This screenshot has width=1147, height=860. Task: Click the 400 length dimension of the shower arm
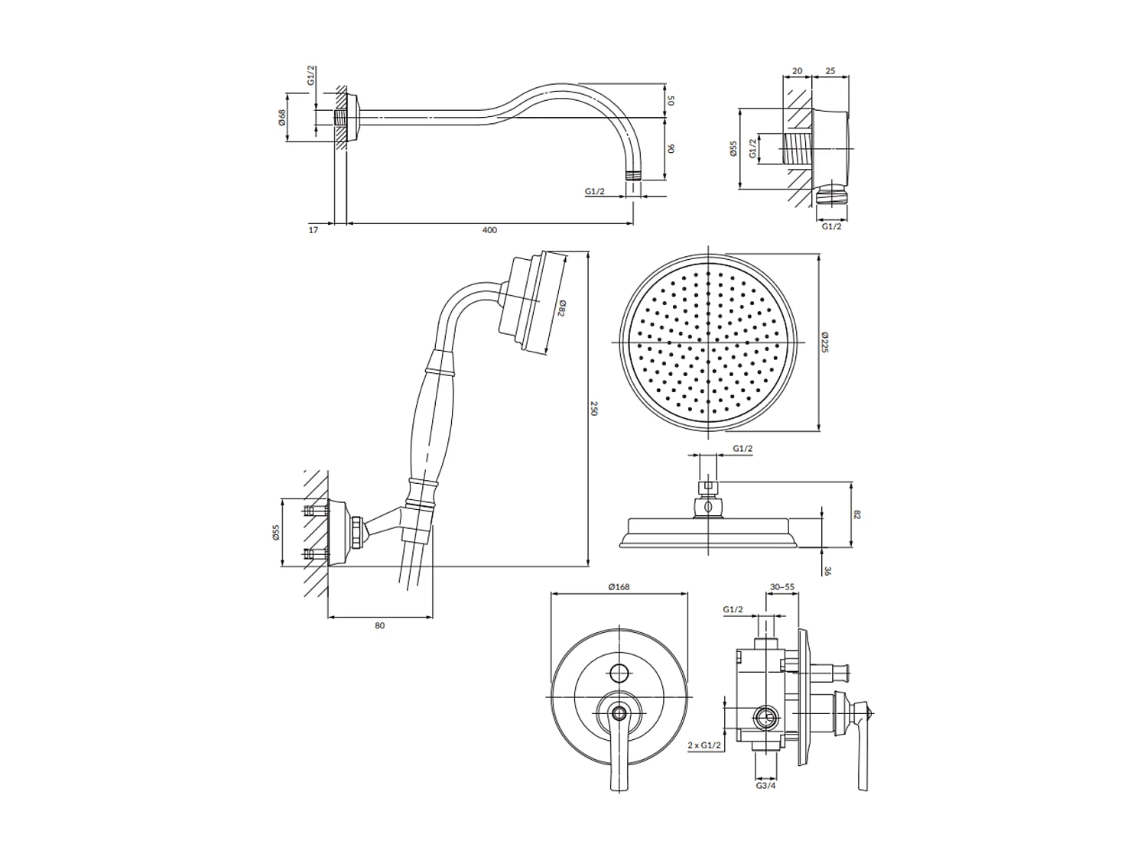[490, 230]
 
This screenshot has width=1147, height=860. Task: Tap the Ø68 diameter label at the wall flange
[282, 117]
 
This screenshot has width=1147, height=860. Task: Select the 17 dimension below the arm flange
[314, 230]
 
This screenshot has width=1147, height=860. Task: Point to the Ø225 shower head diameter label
[824, 342]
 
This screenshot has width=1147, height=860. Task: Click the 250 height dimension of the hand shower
[594, 409]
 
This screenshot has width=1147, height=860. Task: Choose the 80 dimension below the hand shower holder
[380, 625]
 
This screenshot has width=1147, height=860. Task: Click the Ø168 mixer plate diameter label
[619, 587]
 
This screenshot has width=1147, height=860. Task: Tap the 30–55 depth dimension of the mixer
[782, 587]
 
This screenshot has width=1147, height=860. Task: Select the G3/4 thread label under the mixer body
[765, 785]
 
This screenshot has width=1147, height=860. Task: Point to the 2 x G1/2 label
[704, 744]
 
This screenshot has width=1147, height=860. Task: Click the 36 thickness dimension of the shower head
[827, 570]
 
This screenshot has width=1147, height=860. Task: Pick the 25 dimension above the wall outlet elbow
[830, 71]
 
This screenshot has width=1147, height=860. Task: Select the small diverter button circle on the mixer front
[619, 673]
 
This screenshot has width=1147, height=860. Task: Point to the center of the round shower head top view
[709, 342]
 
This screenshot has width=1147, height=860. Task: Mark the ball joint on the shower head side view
[708, 506]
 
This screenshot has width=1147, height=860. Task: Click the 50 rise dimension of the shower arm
[671, 100]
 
